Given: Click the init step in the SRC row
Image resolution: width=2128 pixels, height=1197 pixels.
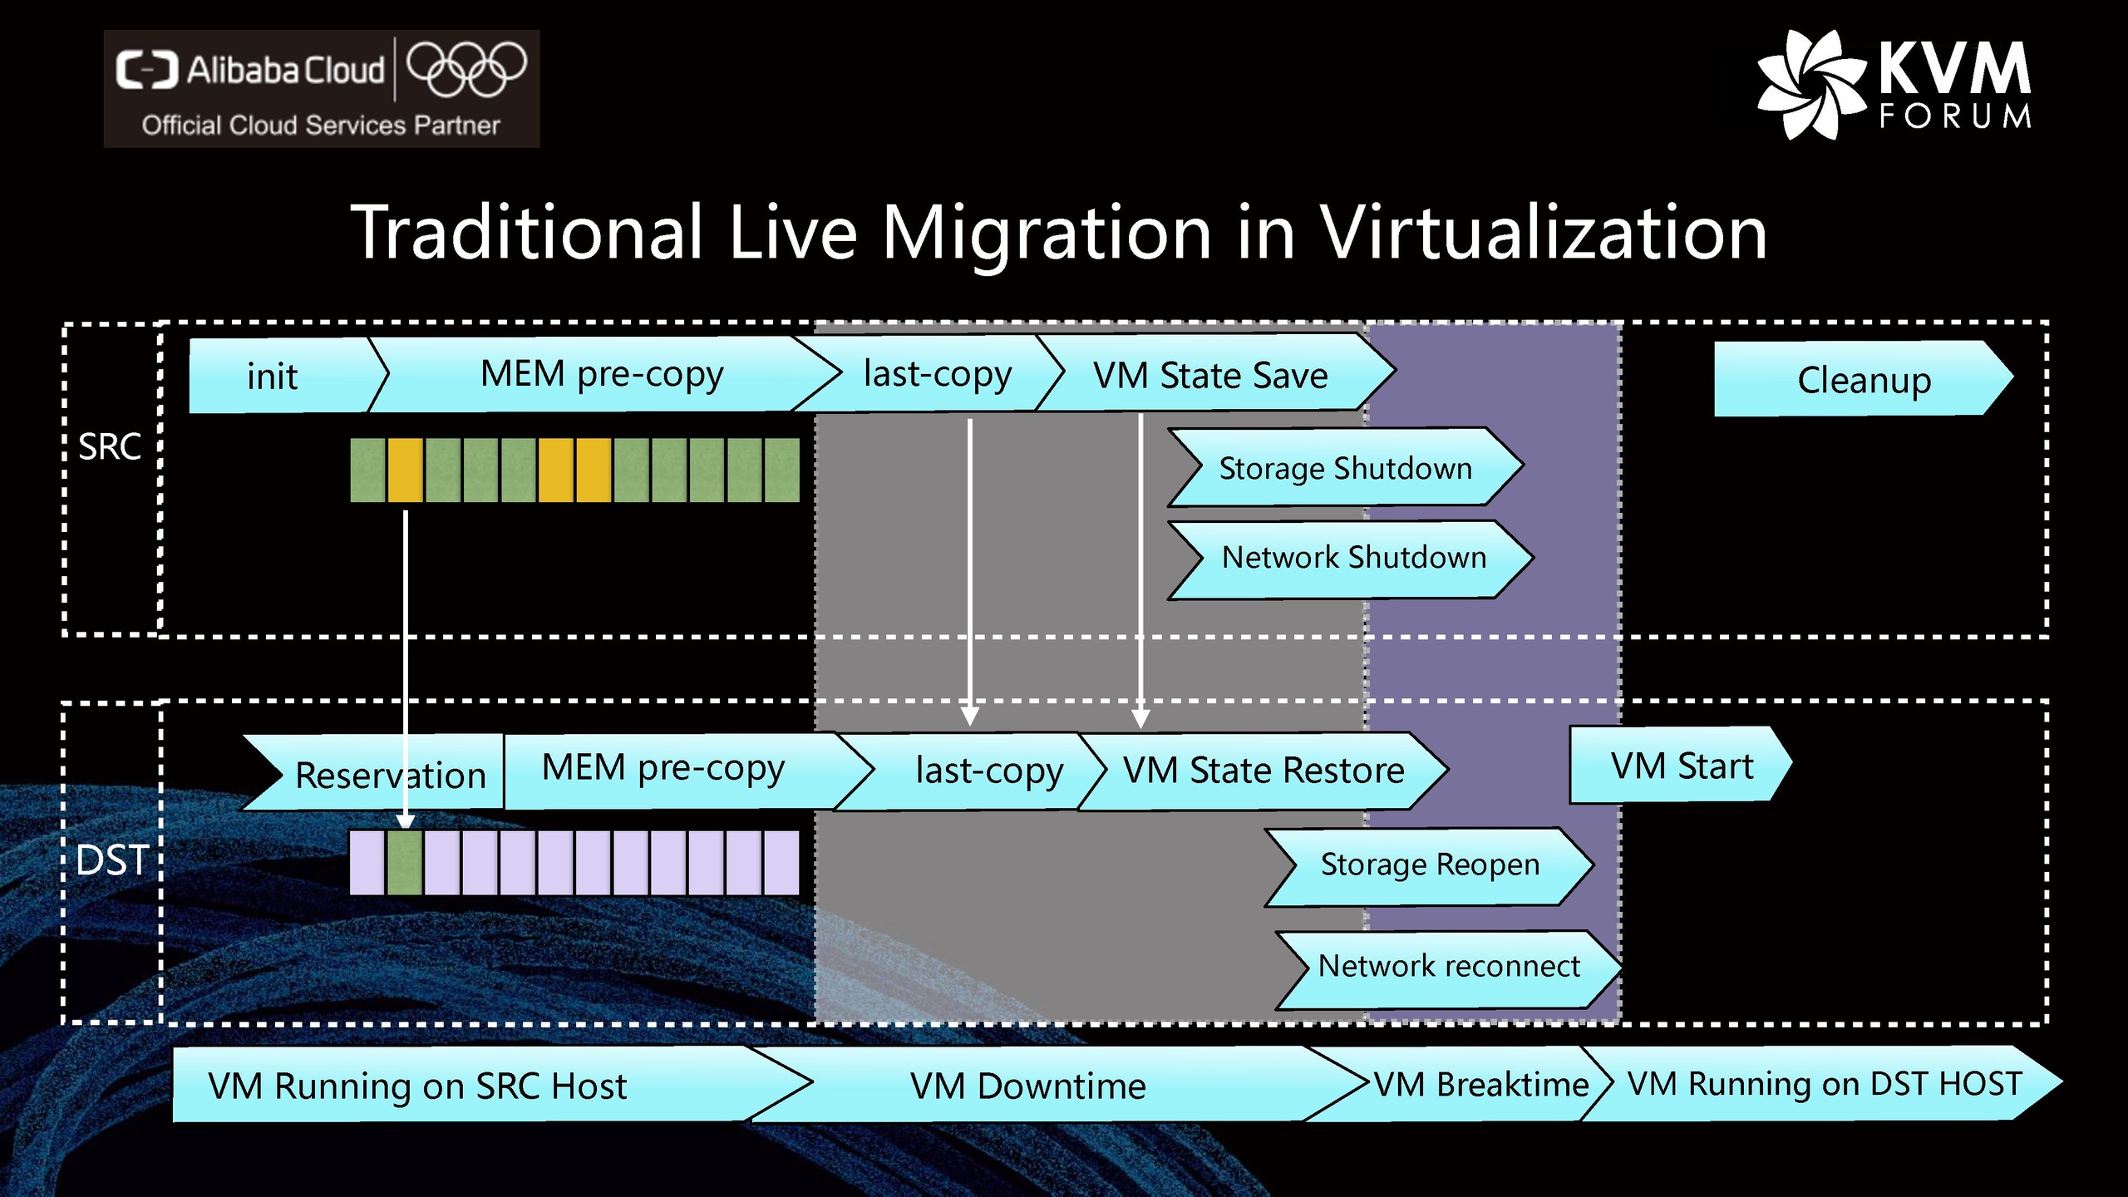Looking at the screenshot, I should click(x=274, y=376).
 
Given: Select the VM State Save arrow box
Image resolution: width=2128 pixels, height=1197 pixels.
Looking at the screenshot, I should click(x=1210, y=375).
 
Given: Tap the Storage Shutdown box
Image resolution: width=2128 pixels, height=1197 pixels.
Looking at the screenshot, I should click(x=1345, y=468).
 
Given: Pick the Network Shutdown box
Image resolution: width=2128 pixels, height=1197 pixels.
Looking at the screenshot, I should click(x=1353, y=557).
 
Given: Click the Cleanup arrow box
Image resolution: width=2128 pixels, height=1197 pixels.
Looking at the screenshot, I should click(x=1864, y=380).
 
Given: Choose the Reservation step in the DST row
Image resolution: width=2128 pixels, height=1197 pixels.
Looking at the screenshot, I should click(x=389, y=775).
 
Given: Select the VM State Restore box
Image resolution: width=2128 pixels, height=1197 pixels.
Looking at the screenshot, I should click(x=1263, y=771).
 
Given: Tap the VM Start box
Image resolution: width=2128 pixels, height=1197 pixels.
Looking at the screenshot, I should click(x=1681, y=766).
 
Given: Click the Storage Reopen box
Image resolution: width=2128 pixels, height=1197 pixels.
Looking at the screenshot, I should click(x=1430, y=865).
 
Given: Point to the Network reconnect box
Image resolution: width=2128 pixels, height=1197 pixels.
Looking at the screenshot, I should click(x=1449, y=967).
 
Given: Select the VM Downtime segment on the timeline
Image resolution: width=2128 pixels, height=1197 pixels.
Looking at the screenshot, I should click(x=1027, y=1086).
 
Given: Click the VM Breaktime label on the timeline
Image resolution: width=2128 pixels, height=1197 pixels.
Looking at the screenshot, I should click(x=1481, y=1084).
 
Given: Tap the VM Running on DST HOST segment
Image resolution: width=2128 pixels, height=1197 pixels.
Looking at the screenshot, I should click(x=1825, y=1084).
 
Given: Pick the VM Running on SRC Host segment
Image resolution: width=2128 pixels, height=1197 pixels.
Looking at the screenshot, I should click(x=417, y=1086).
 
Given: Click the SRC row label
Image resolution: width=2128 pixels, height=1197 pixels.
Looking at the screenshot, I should click(x=110, y=447).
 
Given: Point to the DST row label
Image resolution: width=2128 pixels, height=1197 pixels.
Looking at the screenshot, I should click(x=111, y=860).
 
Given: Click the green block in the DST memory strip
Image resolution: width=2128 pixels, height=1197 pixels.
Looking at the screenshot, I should click(x=405, y=863).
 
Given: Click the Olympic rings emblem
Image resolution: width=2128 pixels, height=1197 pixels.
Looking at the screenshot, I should click(x=466, y=68).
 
